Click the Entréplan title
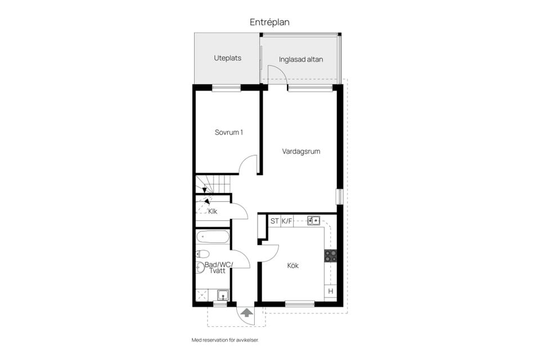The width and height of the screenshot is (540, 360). tap(269, 22)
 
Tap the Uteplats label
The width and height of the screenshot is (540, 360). tap(227, 58)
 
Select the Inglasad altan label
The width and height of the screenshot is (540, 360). tap(301, 60)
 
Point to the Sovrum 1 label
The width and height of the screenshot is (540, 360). tap(229, 132)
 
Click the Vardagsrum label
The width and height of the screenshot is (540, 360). tap(301, 151)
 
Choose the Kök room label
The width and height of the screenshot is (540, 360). tap(292, 265)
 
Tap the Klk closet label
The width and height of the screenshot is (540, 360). tap(213, 211)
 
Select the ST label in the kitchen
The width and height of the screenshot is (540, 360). tap(274, 221)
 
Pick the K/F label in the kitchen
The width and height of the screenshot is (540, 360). tap(286, 221)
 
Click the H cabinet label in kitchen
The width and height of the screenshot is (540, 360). tap(331, 291)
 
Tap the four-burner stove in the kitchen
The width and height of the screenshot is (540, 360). tap(331, 256)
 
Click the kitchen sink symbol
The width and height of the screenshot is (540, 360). tap(313, 220)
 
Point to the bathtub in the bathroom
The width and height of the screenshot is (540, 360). tap(213, 237)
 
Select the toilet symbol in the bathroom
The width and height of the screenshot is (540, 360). tap(202, 254)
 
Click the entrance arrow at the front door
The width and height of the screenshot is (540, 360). tap(246, 313)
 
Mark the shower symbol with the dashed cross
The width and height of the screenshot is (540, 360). tap(202, 295)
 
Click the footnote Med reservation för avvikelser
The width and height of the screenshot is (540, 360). tap(225, 340)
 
